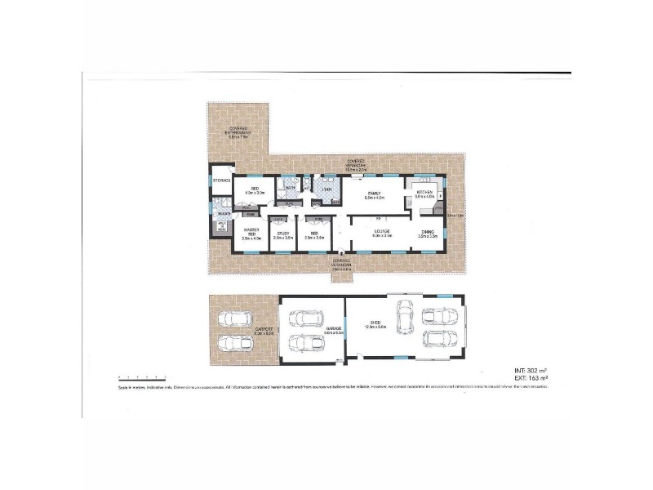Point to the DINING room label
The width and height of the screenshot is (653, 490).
(429, 233)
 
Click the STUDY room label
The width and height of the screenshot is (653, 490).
(282, 235)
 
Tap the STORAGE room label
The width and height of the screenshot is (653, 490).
(221, 180)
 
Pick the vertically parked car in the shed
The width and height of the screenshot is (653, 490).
(403, 318)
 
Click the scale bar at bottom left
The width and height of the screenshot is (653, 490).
(141, 376)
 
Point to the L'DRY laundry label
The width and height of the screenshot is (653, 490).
(326, 189)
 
